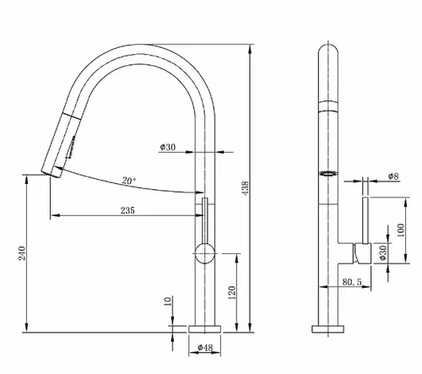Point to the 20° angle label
128,181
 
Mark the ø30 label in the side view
383,252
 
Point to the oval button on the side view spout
327,175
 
